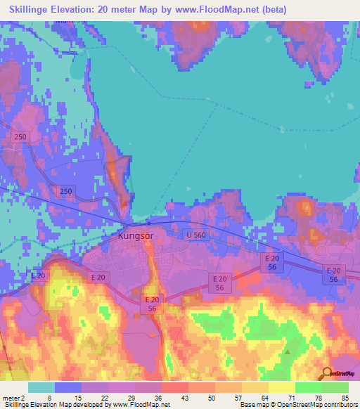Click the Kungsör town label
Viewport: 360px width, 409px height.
pos(136,237)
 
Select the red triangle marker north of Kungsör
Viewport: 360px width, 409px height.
pos(124,203)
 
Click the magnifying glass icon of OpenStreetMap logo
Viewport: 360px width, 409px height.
pos(327,372)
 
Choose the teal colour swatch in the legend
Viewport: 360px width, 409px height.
pos(41,387)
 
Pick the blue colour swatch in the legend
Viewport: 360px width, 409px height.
pos(68,387)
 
